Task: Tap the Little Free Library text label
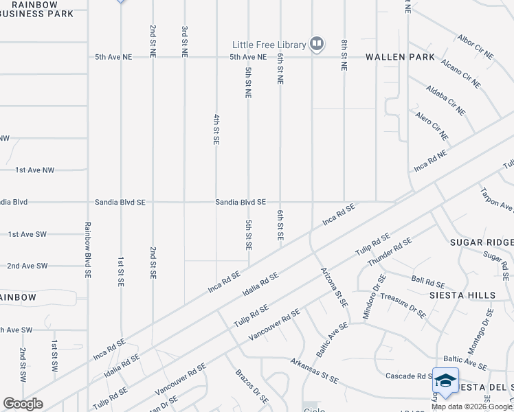pyautogui.click(x=269, y=45)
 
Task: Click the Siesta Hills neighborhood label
pyautogui.click(x=462, y=295)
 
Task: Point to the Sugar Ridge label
pyautogui.click(x=482, y=242)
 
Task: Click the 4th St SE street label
pyautogui.click(x=216, y=129)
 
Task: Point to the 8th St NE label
pyautogui.click(x=344, y=56)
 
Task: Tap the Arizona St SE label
pyautogui.click(x=334, y=287)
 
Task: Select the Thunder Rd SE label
pyautogui.click(x=390, y=252)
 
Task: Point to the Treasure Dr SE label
pyautogui.click(x=403, y=306)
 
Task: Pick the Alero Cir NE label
pyautogui.click(x=432, y=126)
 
